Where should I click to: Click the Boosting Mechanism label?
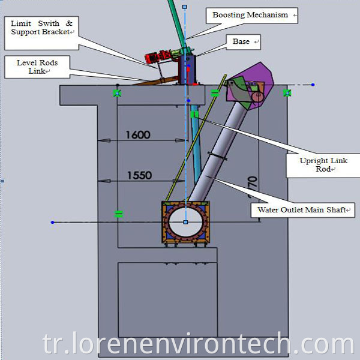point(251,15)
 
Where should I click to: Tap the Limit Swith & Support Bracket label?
point(41,28)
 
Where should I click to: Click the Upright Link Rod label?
point(322,164)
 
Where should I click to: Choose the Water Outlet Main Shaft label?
point(303,210)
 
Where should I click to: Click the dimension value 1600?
point(138,135)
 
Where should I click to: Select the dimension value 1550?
point(139,176)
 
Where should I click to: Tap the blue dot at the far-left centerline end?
point(53,223)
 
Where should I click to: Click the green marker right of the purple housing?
point(287,92)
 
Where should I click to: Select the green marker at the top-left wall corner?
point(117,92)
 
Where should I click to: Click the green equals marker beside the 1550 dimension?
point(118,213)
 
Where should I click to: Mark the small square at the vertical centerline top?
point(184,7)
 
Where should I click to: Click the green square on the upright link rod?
point(194,113)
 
